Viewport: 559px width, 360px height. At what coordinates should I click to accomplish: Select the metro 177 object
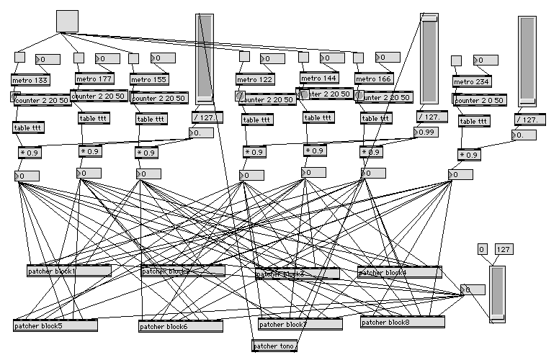pyautogui.click(x=94, y=78)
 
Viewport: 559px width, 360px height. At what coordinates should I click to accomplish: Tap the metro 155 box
pyautogui.click(x=148, y=79)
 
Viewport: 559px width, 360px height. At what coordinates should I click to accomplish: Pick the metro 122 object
pyautogui.click(x=255, y=79)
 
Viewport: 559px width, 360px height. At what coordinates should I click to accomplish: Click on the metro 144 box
pyautogui.click(x=318, y=78)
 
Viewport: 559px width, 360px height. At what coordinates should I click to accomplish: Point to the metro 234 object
pyautogui.click(x=472, y=81)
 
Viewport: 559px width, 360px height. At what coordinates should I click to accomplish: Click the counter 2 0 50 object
pyautogui.click(x=480, y=100)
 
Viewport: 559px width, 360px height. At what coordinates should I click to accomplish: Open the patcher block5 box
pyautogui.click(x=55, y=325)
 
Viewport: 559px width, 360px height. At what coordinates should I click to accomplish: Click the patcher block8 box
pyautogui.click(x=402, y=322)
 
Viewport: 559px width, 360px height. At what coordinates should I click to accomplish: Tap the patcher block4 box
pyautogui.click(x=399, y=272)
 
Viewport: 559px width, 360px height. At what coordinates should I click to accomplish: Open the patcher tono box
pyautogui.click(x=274, y=346)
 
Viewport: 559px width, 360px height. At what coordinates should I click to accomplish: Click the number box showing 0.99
pyautogui.click(x=426, y=132)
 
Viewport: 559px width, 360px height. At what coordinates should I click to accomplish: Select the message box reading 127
pyautogui.click(x=504, y=249)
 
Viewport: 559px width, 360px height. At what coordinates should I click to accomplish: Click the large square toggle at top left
pyautogui.click(x=67, y=21)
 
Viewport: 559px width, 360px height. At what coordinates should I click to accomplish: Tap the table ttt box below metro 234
pyautogui.click(x=473, y=122)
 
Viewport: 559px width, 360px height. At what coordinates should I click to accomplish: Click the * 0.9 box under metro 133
pyautogui.click(x=31, y=152)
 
